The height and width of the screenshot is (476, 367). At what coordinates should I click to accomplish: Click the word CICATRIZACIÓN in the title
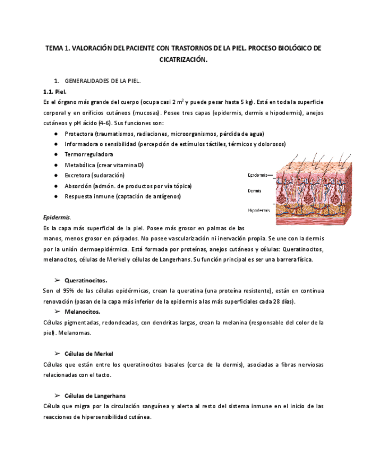click(183, 59)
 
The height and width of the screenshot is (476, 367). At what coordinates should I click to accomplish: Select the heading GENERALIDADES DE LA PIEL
click(103, 81)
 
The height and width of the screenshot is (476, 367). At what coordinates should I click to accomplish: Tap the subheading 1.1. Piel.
click(55, 91)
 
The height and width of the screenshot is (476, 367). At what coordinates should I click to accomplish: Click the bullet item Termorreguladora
click(89, 154)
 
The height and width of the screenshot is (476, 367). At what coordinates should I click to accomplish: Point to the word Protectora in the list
click(79, 134)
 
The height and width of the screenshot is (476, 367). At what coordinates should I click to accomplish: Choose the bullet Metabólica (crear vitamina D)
click(104, 164)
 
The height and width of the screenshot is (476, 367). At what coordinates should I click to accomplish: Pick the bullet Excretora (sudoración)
click(94, 175)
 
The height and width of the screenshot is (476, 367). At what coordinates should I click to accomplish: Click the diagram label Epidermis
click(258, 175)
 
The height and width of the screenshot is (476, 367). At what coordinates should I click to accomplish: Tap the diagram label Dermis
click(254, 191)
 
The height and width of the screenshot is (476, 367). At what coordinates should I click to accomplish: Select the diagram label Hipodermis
click(259, 210)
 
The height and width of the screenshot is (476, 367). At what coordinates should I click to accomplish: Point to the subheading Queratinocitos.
click(86, 280)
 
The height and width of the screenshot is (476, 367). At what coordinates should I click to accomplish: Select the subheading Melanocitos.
click(82, 311)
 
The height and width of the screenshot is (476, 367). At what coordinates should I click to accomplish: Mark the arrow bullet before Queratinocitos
click(57, 280)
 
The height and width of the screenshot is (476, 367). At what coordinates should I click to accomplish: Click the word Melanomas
click(75, 333)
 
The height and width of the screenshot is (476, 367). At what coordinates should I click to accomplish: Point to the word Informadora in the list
click(82, 144)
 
